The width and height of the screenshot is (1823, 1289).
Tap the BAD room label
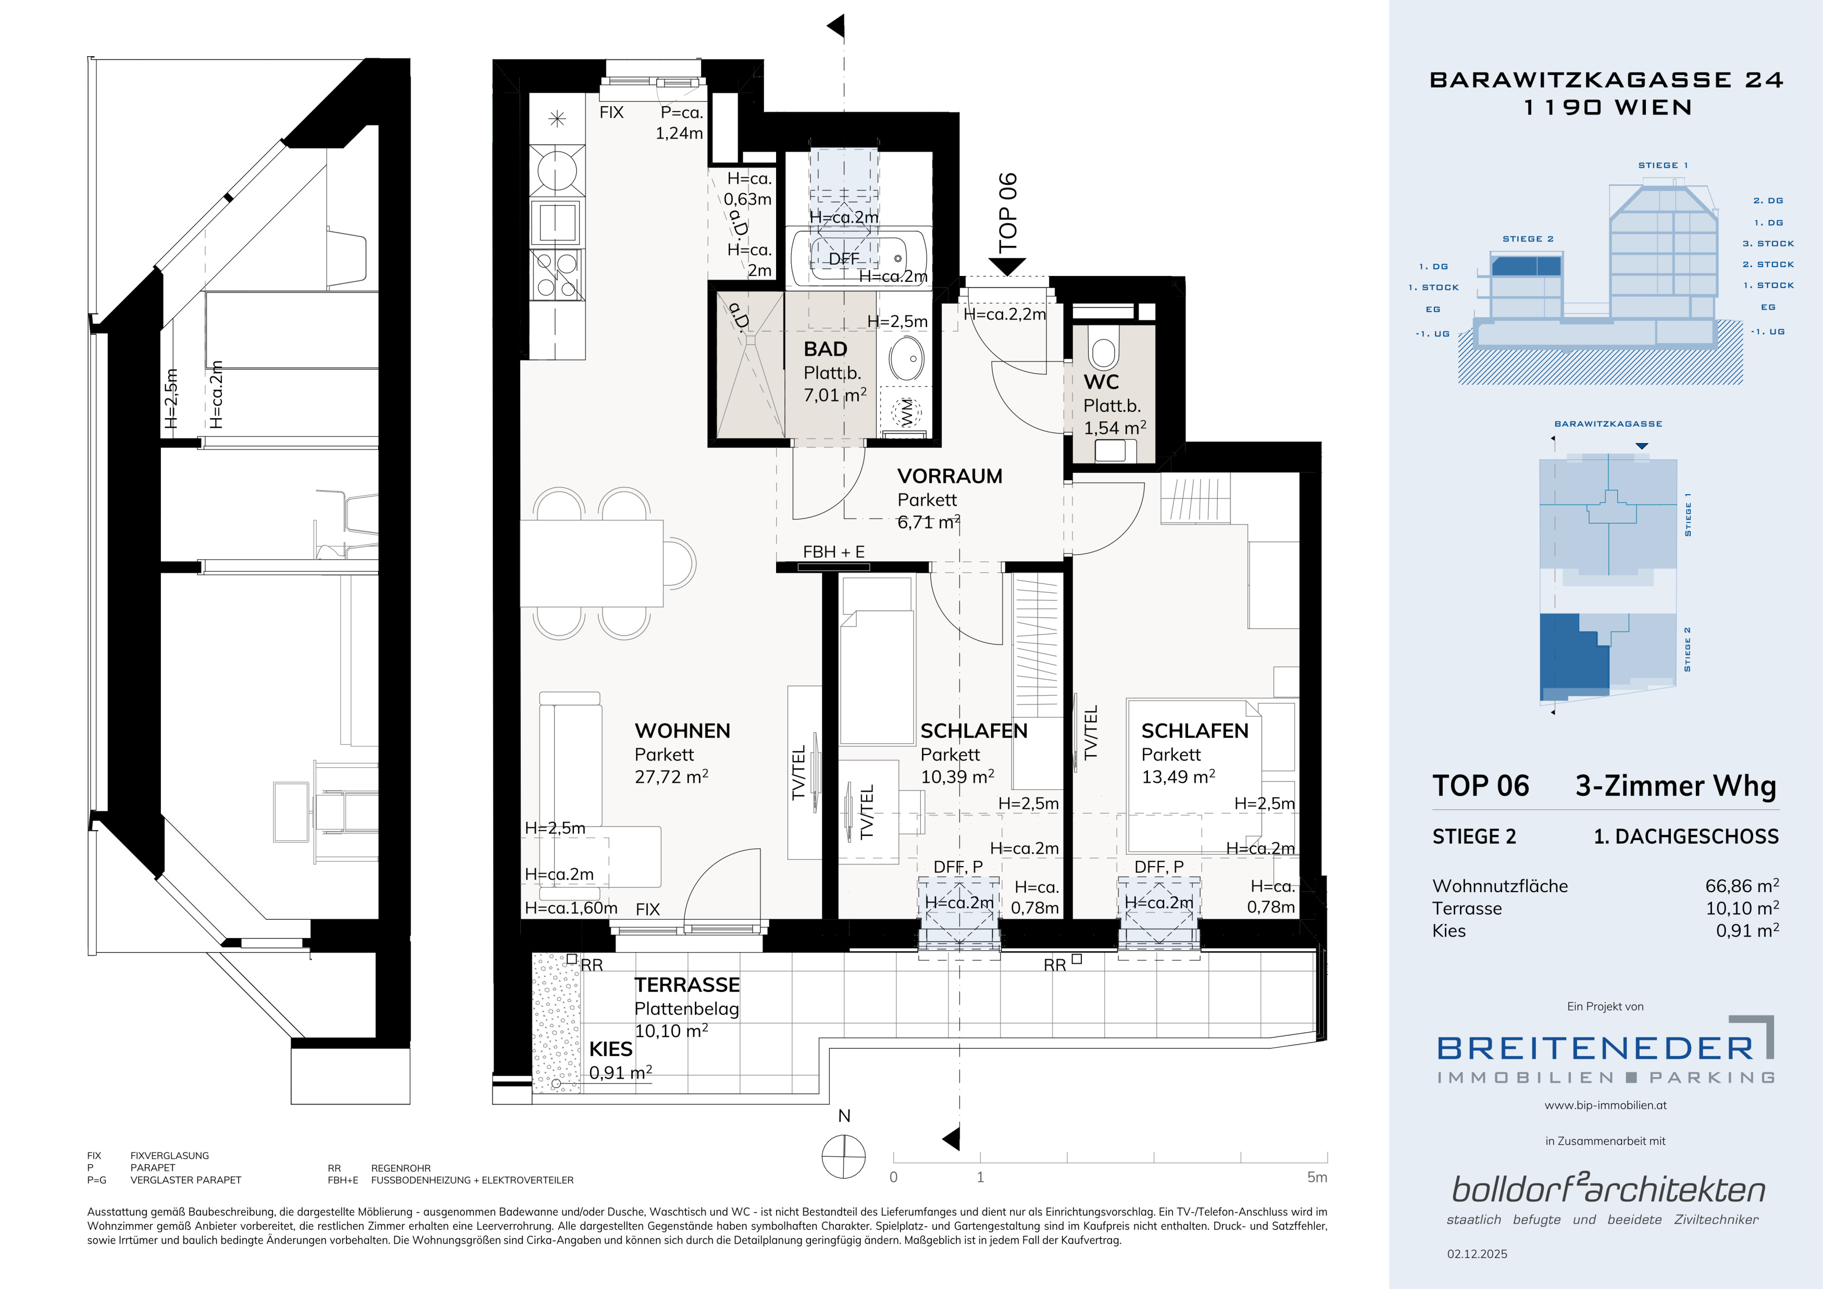(x=825, y=349)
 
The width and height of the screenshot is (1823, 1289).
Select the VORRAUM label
(x=950, y=476)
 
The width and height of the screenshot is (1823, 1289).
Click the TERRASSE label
(x=687, y=985)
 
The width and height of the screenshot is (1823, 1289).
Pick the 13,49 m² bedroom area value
(x=1178, y=776)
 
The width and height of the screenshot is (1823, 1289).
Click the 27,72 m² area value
(x=671, y=776)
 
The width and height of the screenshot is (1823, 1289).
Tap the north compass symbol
(x=843, y=1156)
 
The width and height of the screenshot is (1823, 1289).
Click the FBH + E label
(x=834, y=552)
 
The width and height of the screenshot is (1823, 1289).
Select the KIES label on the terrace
(x=610, y=1049)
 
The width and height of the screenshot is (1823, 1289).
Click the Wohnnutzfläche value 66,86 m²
(x=1742, y=886)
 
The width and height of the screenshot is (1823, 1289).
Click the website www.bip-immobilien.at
(x=1605, y=1105)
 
